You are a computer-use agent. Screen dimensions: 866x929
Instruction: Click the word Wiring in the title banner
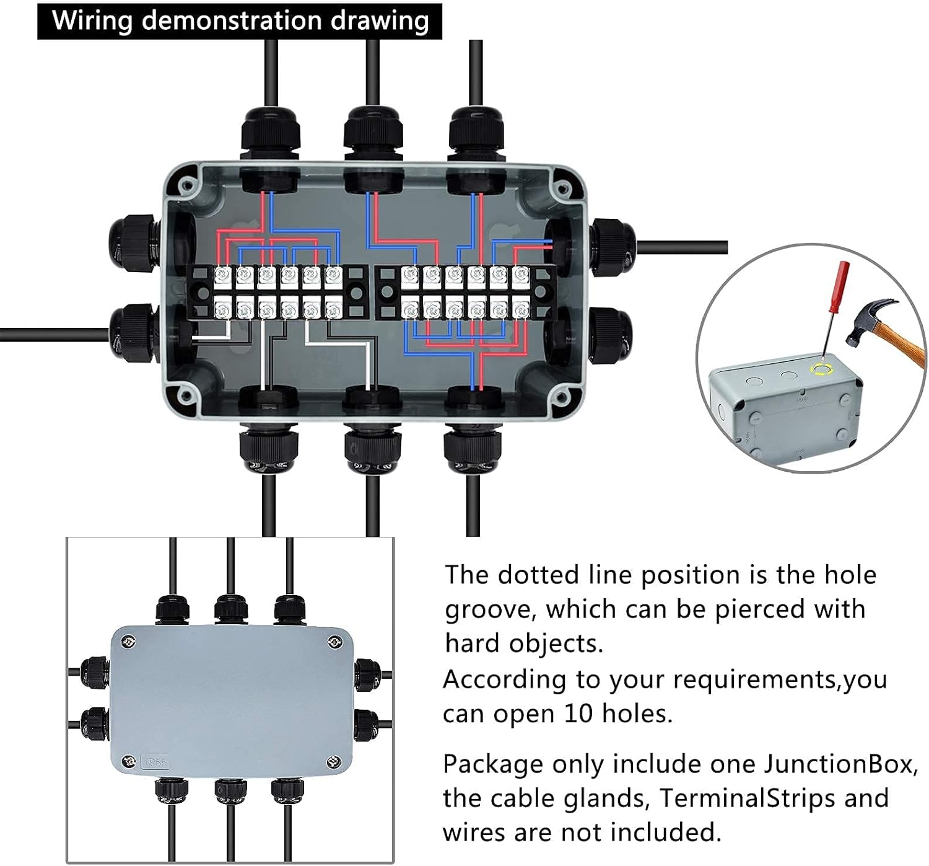(x=92, y=20)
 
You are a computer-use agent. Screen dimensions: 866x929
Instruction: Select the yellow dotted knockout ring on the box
(x=822, y=371)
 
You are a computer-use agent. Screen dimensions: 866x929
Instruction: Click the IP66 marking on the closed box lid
(x=155, y=762)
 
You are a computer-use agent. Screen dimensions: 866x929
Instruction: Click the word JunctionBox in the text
(x=840, y=764)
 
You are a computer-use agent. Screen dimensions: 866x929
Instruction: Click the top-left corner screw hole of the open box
(x=185, y=184)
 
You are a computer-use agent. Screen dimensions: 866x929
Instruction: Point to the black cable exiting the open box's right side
(x=681, y=247)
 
